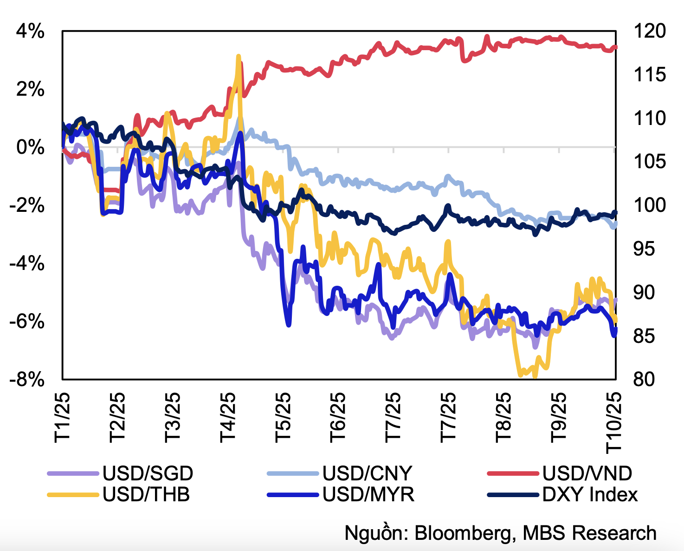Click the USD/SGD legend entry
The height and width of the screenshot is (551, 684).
coord(148,473)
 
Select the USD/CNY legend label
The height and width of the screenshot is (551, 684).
coord(367,473)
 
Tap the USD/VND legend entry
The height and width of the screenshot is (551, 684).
coord(587,473)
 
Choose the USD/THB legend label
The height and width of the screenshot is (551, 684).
coord(146,494)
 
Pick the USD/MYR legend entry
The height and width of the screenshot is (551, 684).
coord(368,494)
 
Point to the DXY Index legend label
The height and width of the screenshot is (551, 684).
coord(590,494)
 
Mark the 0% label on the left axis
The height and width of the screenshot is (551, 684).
coord(31,148)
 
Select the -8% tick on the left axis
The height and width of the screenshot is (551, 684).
coord(27,380)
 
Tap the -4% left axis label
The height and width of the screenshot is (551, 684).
coord(27,263)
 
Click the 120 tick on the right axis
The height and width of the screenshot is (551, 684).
coord(649,32)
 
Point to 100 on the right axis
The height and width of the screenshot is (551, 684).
coord(649,205)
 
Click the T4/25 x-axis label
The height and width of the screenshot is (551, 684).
coord(228,417)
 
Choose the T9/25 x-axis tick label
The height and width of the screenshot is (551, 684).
coord(559,417)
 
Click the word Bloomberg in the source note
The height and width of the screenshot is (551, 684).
coord(465,533)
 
